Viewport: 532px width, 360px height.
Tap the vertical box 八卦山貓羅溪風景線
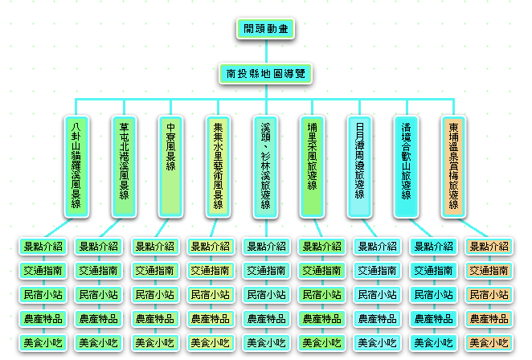[76, 165]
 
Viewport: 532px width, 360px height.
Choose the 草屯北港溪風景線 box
[124, 165]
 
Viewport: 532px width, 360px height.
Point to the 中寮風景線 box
[170, 165]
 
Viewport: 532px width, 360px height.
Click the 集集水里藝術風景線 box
[218, 165]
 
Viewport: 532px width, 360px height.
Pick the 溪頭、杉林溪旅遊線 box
[265, 165]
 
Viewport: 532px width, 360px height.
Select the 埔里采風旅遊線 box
[313, 165]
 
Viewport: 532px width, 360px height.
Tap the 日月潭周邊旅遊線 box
[359, 165]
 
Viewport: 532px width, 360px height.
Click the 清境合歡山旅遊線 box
[407, 165]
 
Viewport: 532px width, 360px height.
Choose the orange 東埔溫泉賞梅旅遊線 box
[454, 165]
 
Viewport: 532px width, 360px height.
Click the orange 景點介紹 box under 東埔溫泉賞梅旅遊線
[489, 247]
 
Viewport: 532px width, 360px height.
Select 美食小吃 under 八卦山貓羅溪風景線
[42, 343]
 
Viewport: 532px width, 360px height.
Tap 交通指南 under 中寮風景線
[153, 271]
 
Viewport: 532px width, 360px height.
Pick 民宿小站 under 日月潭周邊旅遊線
[377, 295]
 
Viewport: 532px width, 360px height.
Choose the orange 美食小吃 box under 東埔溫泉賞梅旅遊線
[489, 343]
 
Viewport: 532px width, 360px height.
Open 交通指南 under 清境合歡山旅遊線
[433, 271]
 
